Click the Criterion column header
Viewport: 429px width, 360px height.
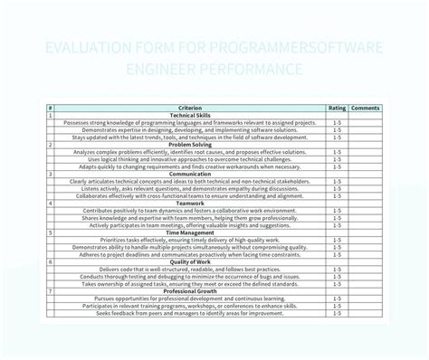[x=191, y=108]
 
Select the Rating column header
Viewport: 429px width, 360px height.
[x=337, y=108]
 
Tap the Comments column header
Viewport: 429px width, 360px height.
[x=366, y=108]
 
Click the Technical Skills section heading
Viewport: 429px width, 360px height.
[x=191, y=115]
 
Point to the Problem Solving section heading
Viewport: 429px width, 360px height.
[x=191, y=145]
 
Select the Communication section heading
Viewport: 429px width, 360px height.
[x=191, y=174]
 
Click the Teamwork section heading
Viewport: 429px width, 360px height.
[x=191, y=204]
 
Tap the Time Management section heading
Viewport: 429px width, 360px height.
[x=191, y=232]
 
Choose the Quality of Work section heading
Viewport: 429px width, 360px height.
[x=191, y=261]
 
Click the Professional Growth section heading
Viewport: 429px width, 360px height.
[x=191, y=291]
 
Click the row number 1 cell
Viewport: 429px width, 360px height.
[x=51, y=115]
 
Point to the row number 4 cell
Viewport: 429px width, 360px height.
[x=51, y=204]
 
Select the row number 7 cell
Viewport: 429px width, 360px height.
[x=51, y=291]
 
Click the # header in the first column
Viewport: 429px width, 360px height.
[x=51, y=108]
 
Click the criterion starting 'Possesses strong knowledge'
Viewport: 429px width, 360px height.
[x=191, y=122]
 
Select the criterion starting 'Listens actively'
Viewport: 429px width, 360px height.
[x=191, y=188]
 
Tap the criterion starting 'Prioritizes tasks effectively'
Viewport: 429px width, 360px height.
[x=191, y=240]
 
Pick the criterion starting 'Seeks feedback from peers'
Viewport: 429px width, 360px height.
[x=191, y=313]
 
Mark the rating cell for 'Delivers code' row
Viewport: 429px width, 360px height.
[x=337, y=269]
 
